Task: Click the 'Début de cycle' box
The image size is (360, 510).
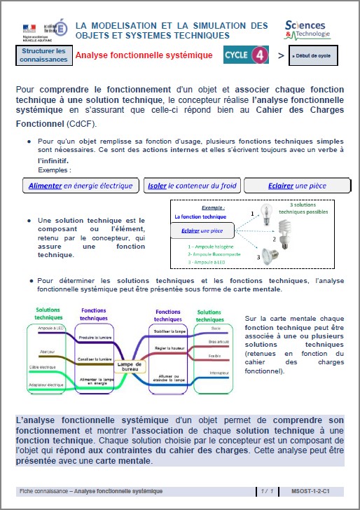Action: click(x=315, y=55)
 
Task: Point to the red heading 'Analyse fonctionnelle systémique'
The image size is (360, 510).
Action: click(x=144, y=55)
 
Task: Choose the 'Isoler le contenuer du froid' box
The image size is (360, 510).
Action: click(x=193, y=186)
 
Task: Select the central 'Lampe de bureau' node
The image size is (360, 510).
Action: click(x=130, y=366)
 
